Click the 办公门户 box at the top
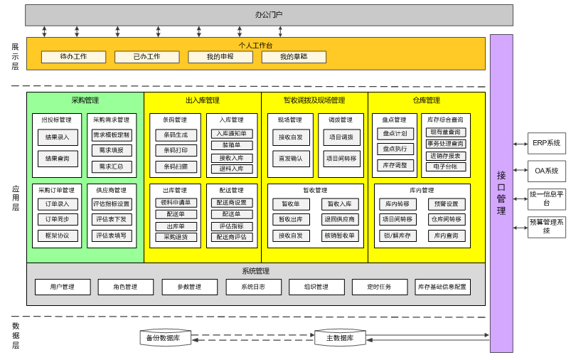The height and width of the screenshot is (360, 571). (x=269, y=15)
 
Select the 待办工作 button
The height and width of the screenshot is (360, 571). (x=73, y=57)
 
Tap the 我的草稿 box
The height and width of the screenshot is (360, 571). (x=293, y=57)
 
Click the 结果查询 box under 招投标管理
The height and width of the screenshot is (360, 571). (x=57, y=158)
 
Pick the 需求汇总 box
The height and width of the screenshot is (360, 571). (x=112, y=166)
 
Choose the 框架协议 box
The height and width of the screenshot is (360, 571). (x=58, y=235)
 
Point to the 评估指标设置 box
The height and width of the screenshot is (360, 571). (x=112, y=203)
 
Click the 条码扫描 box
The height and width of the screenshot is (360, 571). (x=176, y=166)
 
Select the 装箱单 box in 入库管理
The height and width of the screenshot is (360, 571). (x=232, y=145)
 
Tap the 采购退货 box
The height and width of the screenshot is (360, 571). (x=176, y=237)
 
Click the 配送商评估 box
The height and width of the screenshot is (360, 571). (x=232, y=237)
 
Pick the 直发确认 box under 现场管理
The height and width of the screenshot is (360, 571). (x=290, y=158)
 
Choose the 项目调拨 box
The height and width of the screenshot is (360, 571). (x=341, y=137)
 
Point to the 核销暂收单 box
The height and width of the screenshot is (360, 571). (x=340, y=235)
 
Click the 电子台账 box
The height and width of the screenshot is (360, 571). (x=446, y=166)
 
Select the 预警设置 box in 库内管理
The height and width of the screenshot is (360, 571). (x=447, y=204)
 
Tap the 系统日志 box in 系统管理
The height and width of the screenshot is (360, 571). (x=253, y=287)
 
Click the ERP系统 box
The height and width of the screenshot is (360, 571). (x=546, y=143)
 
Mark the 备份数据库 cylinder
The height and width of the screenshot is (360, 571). (x=166, y=338)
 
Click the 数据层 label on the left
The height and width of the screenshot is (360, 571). (x=16, y=335)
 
